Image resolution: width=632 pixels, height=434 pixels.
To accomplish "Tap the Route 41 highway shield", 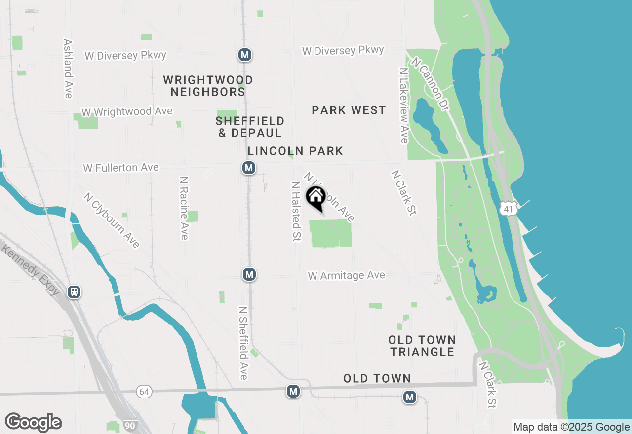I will (509, 209).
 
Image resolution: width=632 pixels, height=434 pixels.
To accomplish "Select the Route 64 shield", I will (144, 392).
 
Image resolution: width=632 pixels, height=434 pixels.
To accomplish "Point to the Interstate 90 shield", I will (131, 426).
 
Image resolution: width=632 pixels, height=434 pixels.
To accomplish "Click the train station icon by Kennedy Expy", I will (74, 292).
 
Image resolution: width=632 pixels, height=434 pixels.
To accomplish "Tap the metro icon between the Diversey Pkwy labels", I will (244, 55).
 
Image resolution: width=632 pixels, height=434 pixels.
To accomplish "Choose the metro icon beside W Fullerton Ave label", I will (249, 168).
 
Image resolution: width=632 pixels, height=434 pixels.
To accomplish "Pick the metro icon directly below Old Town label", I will (409, 397).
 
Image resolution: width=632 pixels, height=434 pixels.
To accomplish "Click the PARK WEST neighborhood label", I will (349, 110).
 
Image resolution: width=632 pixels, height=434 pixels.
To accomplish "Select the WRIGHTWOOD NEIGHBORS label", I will (208, 86).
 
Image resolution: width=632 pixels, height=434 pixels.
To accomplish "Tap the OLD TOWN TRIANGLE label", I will (422, 346).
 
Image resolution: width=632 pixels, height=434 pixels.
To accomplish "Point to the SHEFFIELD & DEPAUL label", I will (250, 127).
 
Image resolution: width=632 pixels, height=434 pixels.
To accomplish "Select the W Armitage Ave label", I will (346, 275).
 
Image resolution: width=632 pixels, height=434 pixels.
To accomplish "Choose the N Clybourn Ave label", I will (112, 220).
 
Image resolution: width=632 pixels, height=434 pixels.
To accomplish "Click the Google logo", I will (33, 423).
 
